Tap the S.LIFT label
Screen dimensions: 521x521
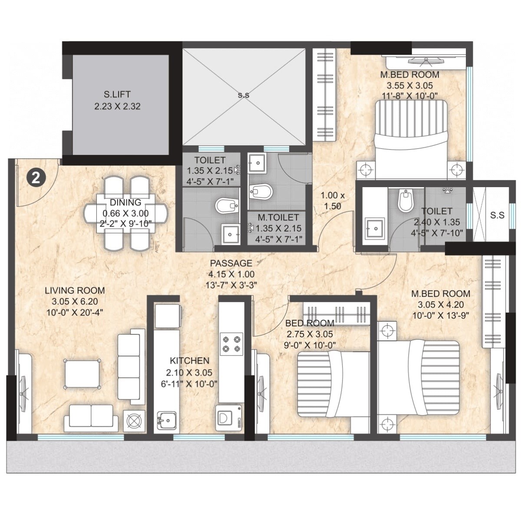tap(117, 94)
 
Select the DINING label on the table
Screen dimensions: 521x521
tap(125, 202)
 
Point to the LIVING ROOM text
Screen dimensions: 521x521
tap(75, 290)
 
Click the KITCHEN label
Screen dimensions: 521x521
tap(189, 360)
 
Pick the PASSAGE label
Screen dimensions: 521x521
tap(231, 263)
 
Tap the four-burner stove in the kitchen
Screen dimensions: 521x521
tap(231, 343)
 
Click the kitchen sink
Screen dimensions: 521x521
tap(166, 419)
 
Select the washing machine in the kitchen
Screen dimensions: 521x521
tap(228, 418)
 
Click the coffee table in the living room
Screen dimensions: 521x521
tap(82, 373)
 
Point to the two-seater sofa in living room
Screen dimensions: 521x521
tap(91, 417)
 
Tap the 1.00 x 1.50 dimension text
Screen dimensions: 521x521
tap(333, 201)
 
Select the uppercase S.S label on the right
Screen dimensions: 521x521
tap(497, 215)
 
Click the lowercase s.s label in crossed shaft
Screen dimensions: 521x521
tap(244, 95)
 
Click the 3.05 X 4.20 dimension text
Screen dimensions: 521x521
tap(440, 304)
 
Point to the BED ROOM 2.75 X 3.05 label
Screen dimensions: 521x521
tap(310, 323)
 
